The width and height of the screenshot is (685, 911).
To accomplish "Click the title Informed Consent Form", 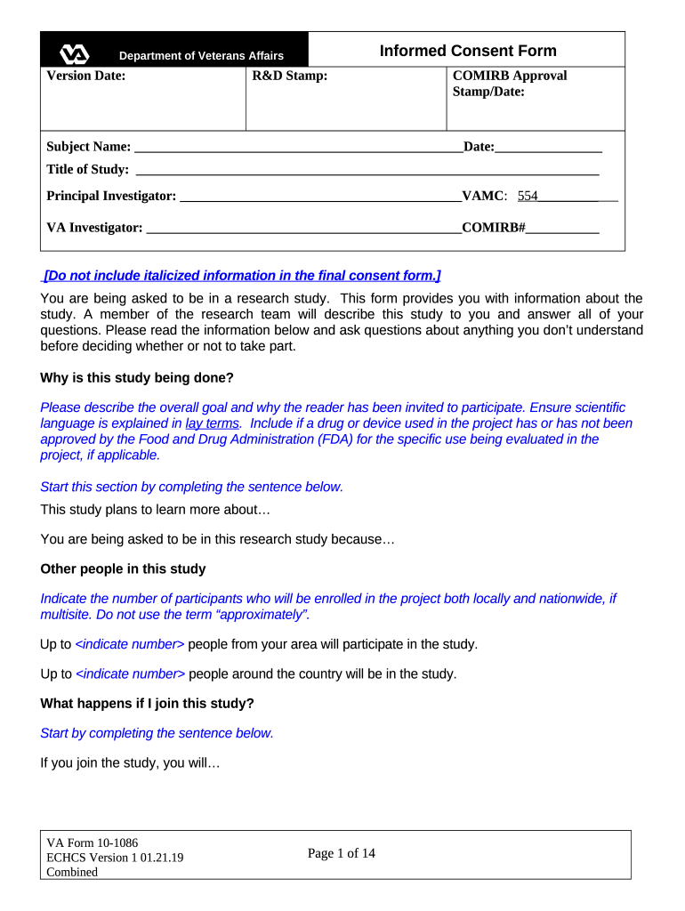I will (x=468, y=51).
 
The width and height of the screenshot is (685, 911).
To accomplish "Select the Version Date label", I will (x=86, y=76).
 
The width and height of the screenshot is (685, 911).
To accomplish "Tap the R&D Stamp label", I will (x=290, y=76).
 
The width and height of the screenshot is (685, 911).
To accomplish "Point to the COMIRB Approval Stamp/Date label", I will (x=509, y=84).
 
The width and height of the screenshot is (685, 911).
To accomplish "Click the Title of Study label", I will (x=87, y=169).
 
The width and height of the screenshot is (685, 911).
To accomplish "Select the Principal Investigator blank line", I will (x=320, y=198).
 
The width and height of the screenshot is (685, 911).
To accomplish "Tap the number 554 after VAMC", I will (x=528, y=196).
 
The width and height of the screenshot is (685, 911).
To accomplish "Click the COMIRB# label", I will (x=495, y=228).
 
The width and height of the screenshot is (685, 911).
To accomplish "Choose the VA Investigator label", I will (x=94, y=228).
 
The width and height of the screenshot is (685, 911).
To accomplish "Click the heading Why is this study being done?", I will (x=137, y=378).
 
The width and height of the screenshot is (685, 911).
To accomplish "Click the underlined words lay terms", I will (x=212, y=423).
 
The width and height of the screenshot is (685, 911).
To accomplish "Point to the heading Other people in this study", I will (x=123, y=568).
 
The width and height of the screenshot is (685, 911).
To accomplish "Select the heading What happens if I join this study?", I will (x=148, y=703).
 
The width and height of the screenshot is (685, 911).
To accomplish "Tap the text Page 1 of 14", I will (x=342, y=853).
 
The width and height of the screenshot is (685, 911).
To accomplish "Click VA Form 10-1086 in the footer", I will (x=93, y=842).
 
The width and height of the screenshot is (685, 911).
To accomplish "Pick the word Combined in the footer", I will (x=72, y=872).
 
